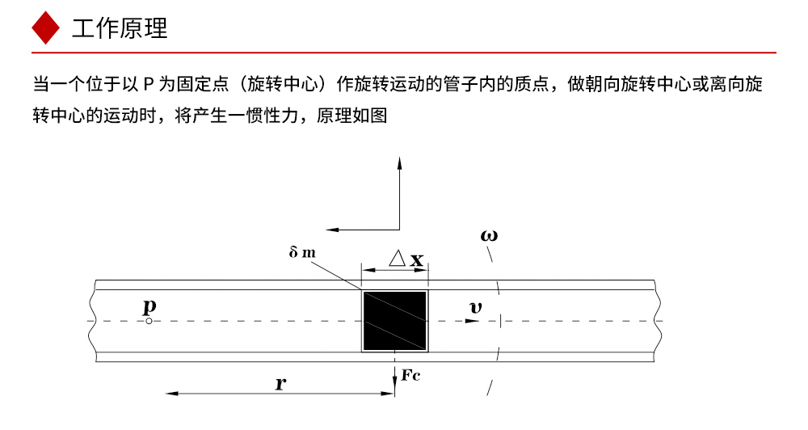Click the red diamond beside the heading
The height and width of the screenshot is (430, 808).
pos(46,27)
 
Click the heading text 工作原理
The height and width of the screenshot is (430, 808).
pos(120,28)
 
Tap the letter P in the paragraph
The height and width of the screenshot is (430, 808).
pos(149,84)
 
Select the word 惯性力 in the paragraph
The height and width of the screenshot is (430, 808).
pos(271,115)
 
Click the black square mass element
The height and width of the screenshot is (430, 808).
pos(395,321)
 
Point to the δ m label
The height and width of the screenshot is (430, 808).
pos(302,252)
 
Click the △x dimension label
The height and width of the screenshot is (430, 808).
pos(406,259)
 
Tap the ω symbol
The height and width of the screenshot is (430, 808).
pos(489,236)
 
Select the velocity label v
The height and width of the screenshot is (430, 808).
pos(476,308)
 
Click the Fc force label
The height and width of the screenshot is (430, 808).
pos(410,375)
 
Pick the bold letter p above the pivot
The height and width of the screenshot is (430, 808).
pos(149,306)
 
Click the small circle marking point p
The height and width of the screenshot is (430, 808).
pos(149,321)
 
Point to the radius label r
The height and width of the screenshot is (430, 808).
pos(281,383)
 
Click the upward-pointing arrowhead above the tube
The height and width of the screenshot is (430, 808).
pos(399,163)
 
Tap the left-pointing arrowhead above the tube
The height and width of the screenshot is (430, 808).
pos(332,230)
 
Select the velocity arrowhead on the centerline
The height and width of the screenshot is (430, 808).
pos(473,321)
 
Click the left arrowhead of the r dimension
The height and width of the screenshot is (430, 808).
pos(172,394)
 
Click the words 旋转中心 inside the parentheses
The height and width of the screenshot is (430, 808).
pos(282,84)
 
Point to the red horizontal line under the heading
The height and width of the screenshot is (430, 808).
pos(403,53)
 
